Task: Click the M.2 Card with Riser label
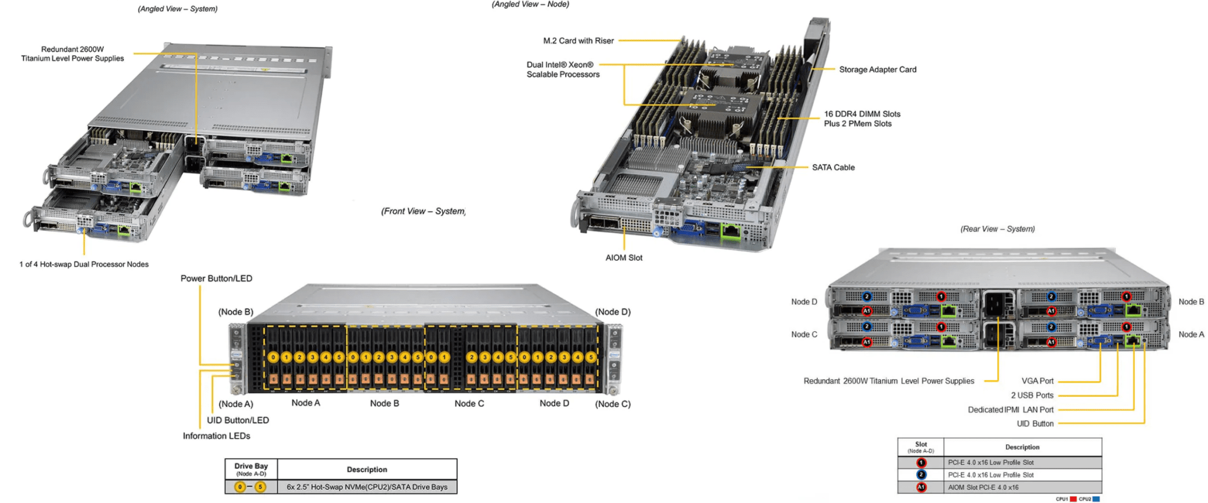pos(578,41)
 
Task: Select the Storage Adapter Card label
pos(877,70)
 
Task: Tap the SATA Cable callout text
pos(833,167)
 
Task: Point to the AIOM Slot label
pos(623,258)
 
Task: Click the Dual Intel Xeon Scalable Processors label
pos(563,70)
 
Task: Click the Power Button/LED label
pos(216,278)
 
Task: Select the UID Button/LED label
pos(238,420)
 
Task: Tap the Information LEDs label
pos(216,436)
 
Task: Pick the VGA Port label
pos(1037,381)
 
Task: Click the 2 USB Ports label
pos(1032,395)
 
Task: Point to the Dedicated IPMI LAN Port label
pos(1010,409)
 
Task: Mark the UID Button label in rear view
pos(1035,423)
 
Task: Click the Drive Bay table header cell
pos(251,469)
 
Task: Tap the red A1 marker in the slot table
pos(921,488)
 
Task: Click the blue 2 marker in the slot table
pos(921,475)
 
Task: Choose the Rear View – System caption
pos(997,229)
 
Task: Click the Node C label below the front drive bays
pos(469,403)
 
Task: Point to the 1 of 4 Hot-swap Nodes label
pos(84,264)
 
